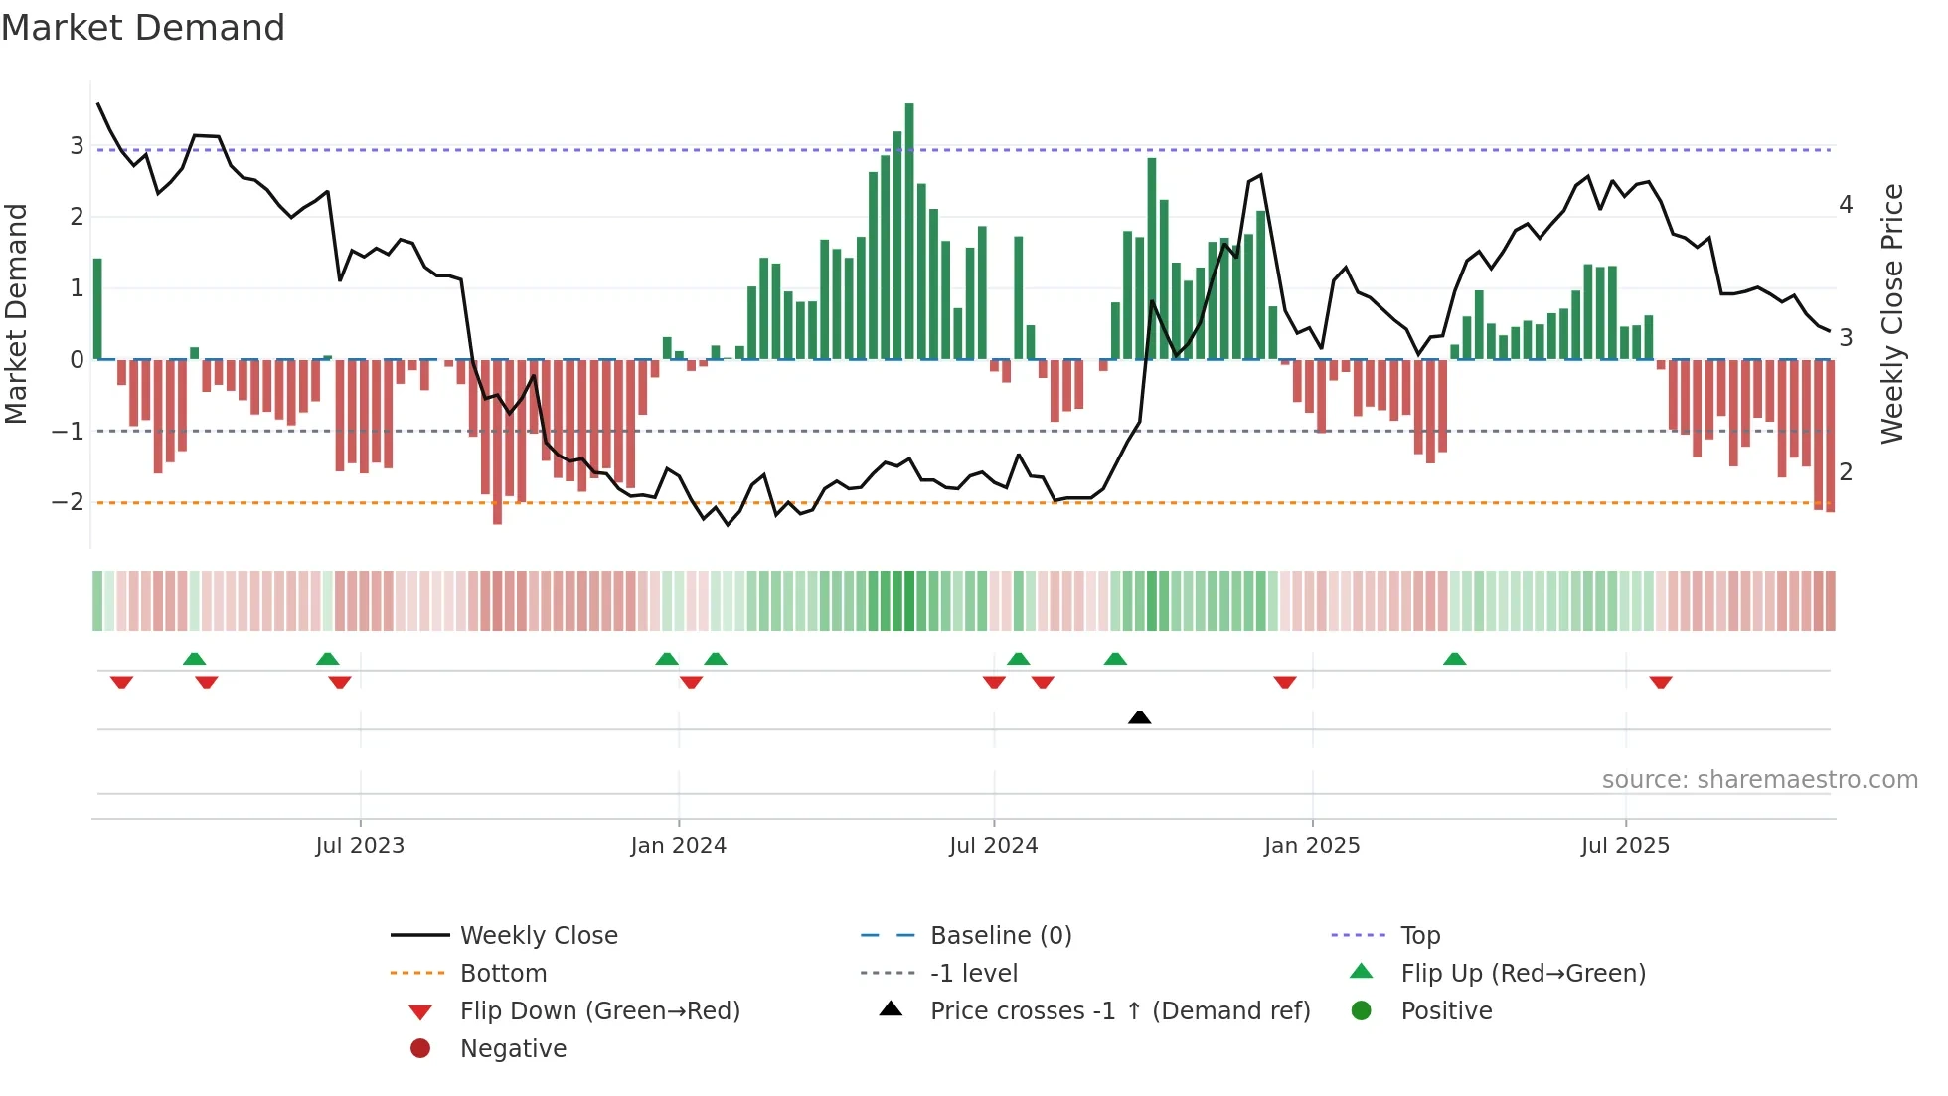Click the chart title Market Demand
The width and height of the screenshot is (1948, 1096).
(143, 28)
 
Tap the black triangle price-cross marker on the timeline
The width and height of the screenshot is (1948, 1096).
(1140, 717)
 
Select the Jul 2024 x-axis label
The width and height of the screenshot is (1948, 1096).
(993, 846)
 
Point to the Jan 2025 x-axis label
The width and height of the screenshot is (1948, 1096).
(1312, 846)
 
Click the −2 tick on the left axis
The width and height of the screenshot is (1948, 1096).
(68, 502)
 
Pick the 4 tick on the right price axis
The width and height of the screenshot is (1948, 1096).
(1846, 205)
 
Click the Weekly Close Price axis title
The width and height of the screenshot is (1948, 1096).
(1892, 313)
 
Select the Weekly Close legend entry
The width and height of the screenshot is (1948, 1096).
(538, 936)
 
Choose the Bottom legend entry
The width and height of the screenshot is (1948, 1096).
(503, 974)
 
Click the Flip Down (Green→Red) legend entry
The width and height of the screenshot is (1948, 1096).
(599, 1011)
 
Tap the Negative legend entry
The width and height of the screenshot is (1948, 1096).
(513, 1049)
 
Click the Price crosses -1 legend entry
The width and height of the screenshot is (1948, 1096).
(1119, 1011)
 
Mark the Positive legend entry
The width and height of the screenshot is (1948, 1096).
(1446, 1011)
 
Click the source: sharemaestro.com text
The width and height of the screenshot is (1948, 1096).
(1759, 780)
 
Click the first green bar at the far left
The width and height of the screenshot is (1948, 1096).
(97, 308)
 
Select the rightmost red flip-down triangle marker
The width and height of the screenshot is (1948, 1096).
(1661, 682)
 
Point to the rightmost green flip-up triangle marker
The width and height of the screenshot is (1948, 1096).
(1455, 659)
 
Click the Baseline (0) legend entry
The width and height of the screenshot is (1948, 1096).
(1000, 936)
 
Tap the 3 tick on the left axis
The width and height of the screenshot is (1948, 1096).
(77, 146)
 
